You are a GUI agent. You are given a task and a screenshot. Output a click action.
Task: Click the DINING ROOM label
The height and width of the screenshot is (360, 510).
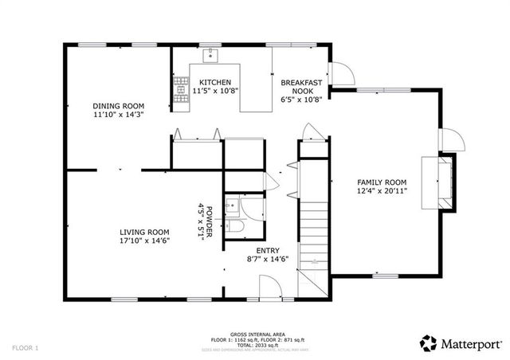point(118,106)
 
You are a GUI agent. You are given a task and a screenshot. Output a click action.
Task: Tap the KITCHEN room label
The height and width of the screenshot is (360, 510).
point(214,82)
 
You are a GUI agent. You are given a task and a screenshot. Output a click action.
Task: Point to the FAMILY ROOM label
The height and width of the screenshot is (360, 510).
point(381,182)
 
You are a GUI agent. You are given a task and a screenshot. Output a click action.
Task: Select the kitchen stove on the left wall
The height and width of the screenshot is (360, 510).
point(178,88)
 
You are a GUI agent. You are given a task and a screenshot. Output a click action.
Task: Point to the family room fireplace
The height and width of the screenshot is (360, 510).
point(443,182)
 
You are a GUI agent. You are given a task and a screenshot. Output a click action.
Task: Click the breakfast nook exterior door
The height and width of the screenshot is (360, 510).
point(343,74)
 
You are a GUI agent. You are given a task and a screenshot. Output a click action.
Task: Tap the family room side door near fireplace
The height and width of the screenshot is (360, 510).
point(453,140)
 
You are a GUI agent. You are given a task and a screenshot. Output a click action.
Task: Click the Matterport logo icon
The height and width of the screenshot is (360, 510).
point(428,342)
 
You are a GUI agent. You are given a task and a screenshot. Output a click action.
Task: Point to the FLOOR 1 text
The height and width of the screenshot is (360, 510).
point(25,348)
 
